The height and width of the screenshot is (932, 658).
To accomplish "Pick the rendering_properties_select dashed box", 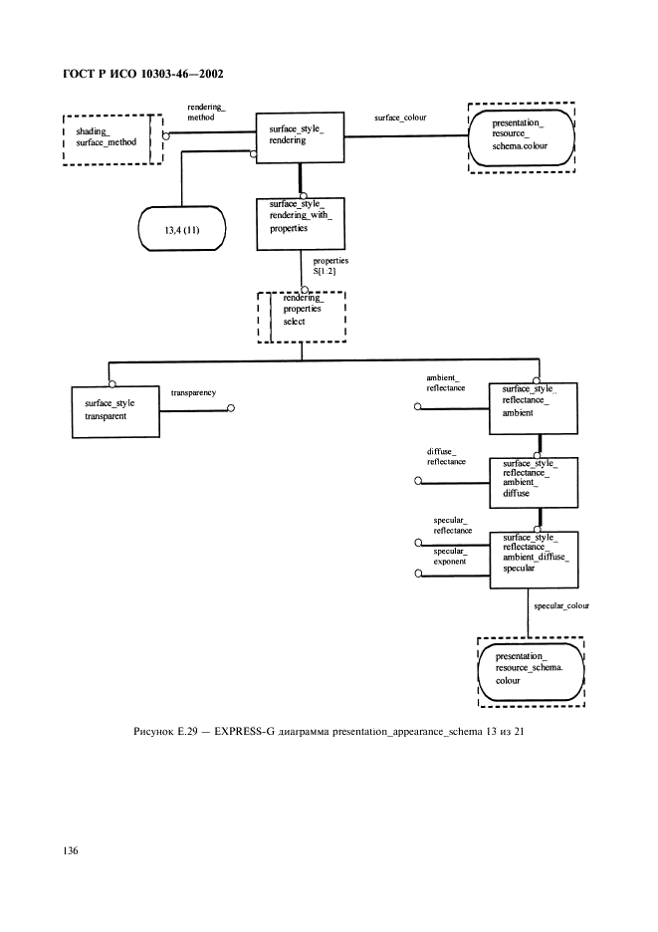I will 302,315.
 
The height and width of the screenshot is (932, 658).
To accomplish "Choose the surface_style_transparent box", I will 116,409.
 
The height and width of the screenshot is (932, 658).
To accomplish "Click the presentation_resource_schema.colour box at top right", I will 522,137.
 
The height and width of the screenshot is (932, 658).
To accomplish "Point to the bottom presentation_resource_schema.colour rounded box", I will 531,669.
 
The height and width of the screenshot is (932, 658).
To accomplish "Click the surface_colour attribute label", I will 399,117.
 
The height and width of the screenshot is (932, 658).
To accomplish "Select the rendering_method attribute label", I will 206,112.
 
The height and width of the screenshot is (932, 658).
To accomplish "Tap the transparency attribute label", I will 193,393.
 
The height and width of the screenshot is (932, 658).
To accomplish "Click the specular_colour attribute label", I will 560,605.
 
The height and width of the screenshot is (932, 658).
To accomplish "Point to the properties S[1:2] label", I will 329,265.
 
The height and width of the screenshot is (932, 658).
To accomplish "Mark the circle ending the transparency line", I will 231,407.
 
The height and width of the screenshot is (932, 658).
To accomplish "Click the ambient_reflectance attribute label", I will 445,382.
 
